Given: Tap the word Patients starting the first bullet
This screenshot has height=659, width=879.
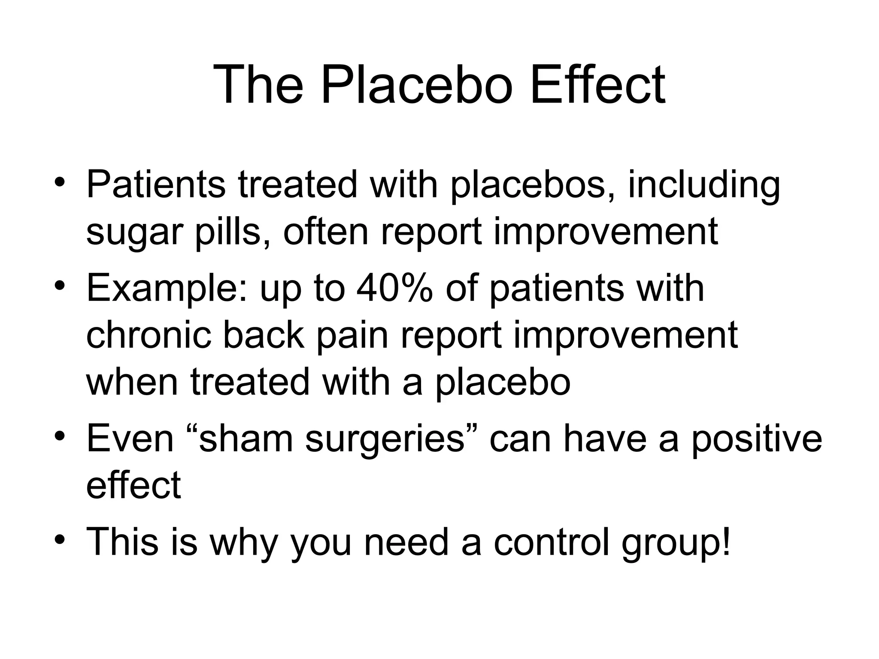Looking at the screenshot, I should [155, 184].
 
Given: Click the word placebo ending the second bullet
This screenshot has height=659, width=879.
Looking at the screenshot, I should [503, 383].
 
